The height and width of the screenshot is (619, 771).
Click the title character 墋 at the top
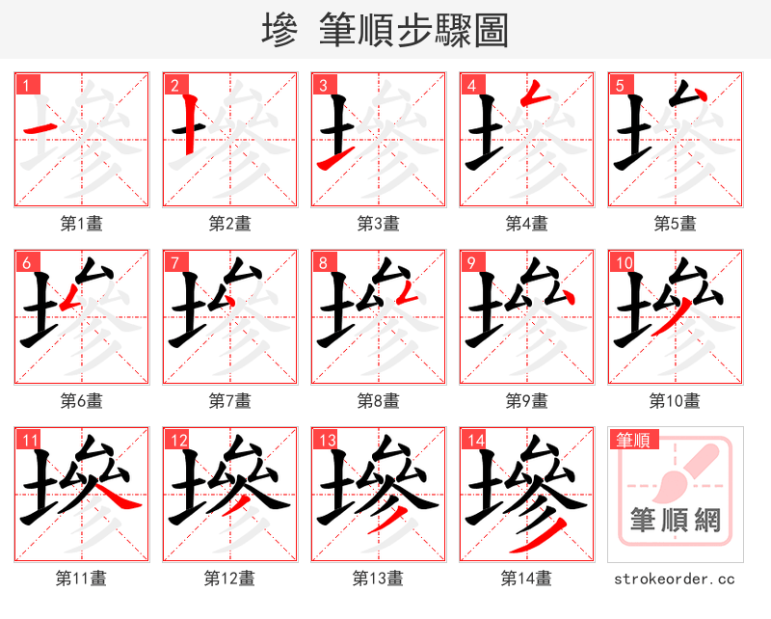click(x=279, y=31)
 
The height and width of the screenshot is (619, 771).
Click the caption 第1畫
click(x=81, y=224)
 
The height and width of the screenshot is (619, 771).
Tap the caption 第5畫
click(x=675, y=224)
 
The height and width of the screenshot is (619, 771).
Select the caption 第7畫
click(x=229, y=400)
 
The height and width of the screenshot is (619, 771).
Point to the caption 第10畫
click(x=675, y=400)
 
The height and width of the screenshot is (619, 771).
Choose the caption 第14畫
click(x=526, y=579)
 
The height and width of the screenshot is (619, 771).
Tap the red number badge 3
click(x=322, y=85)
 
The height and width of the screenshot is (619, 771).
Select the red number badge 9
click(x=470, y=262)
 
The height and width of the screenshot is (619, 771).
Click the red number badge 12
click(x=176, y=441)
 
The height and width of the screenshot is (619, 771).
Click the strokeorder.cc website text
click(x=675, y=579)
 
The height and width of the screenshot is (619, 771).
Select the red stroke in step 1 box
click(x=39, y=129)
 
